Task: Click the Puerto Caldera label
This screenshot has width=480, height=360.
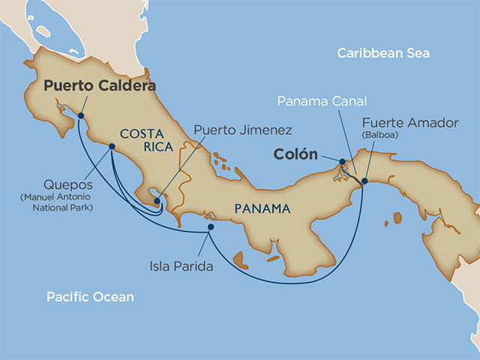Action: pos(99,86)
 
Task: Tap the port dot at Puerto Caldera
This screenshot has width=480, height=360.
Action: pos(79,115)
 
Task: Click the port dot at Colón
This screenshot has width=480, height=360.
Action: pos(341,161)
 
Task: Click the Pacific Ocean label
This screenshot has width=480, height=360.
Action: pos(90,297)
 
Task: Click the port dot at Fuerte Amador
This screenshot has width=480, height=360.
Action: pos(364,181)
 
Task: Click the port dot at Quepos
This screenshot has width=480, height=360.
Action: pos(112,147)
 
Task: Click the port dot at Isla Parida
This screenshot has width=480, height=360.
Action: pos(211,226)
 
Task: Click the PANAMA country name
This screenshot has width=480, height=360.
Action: pos(261,208)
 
